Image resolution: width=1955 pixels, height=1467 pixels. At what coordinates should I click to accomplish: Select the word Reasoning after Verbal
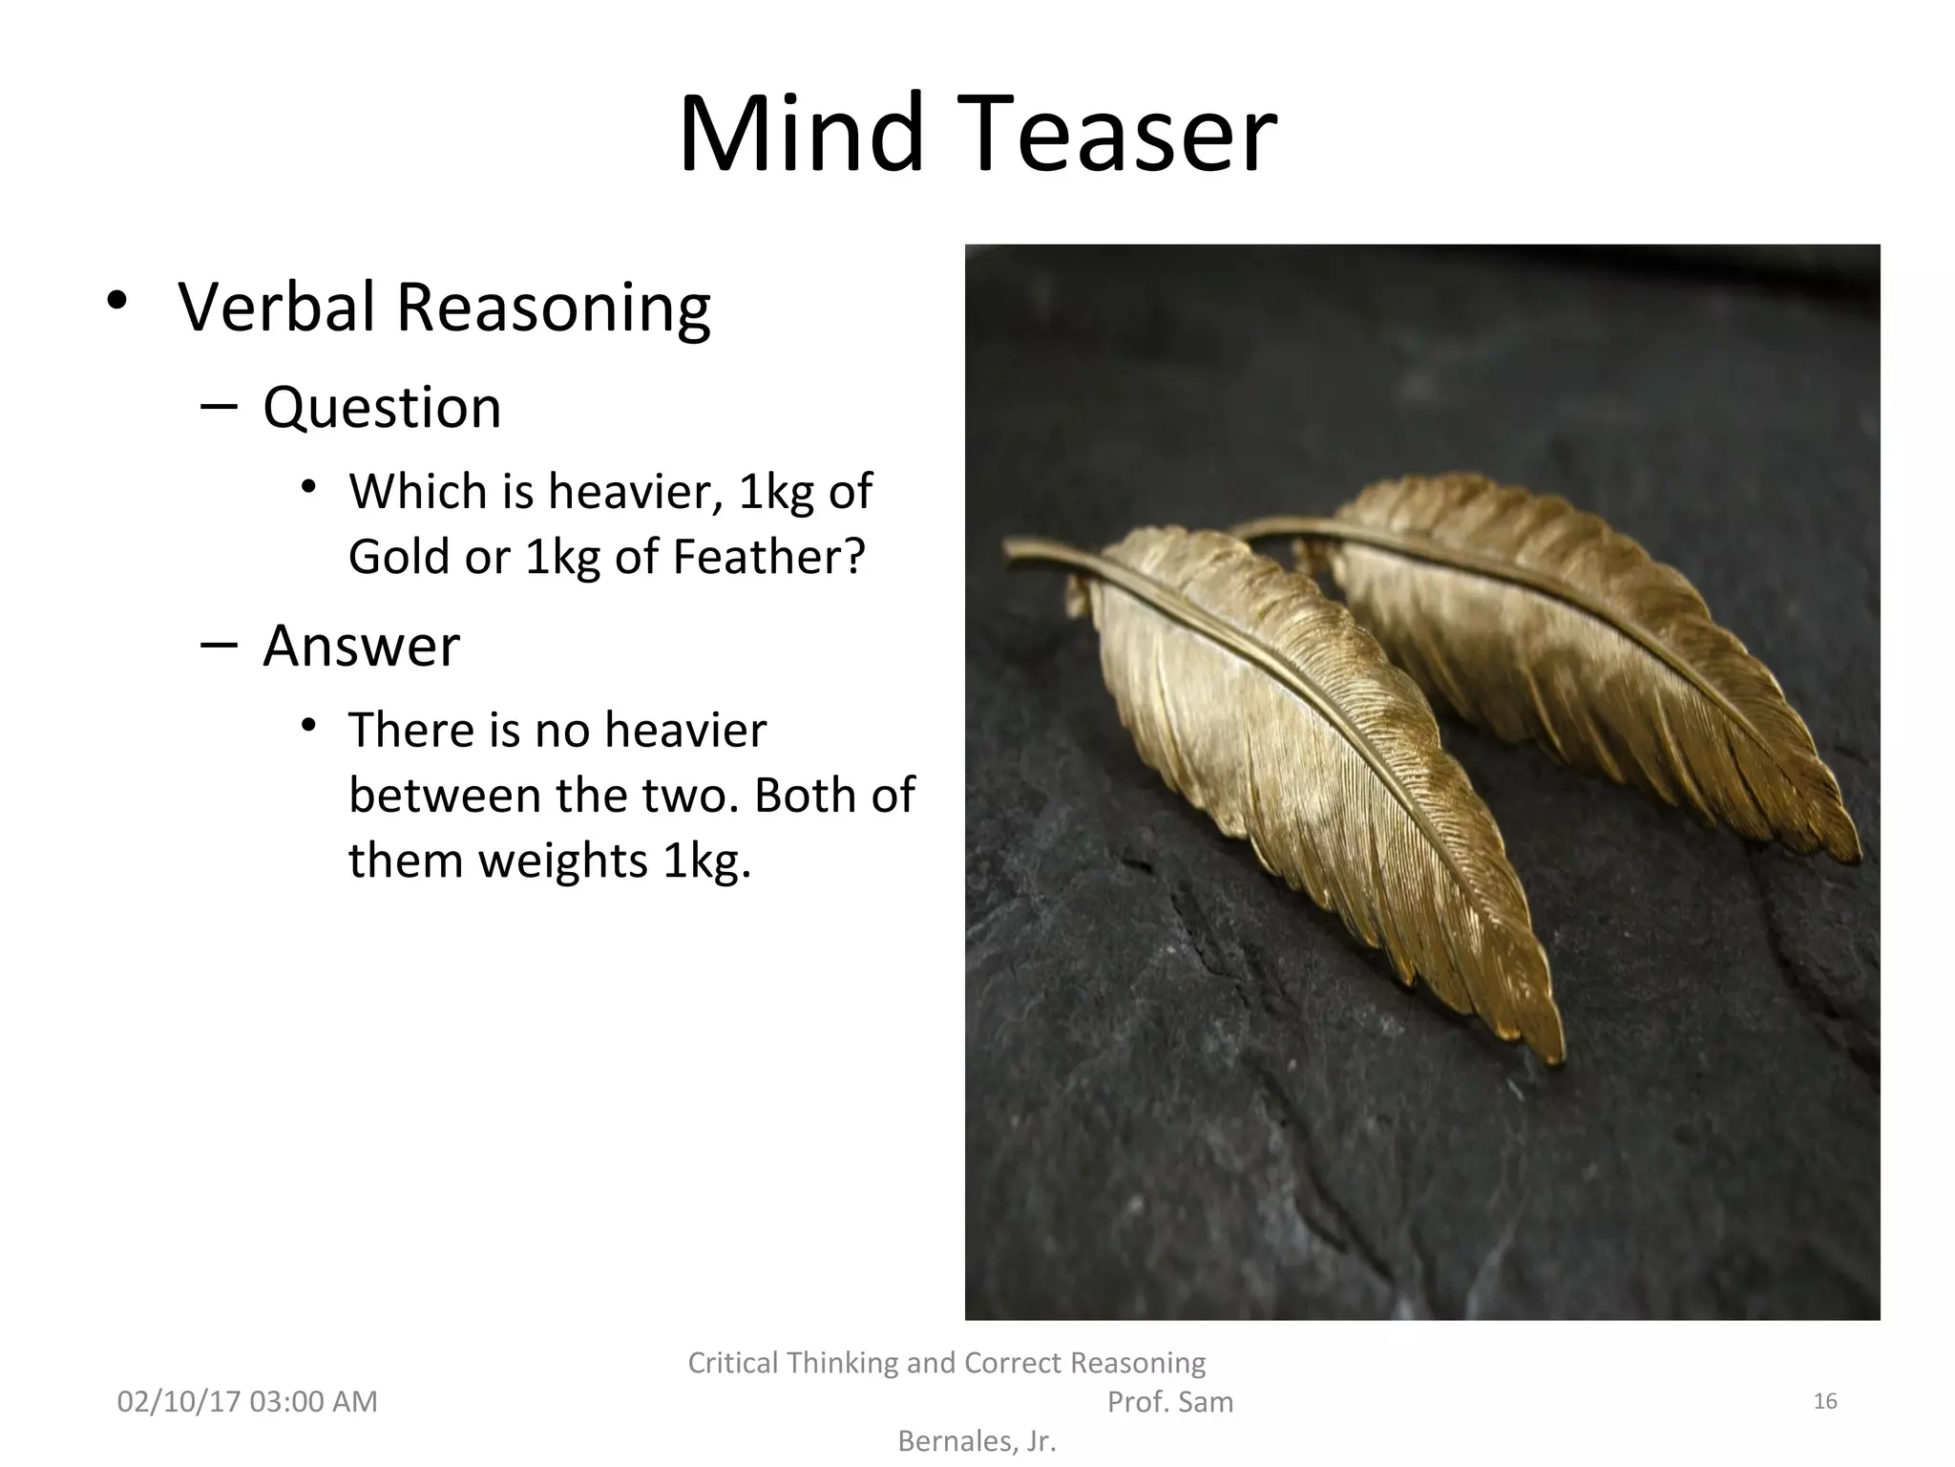pyautogui.click(x=553, y=309)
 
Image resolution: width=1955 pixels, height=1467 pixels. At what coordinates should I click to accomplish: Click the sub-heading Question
pyautogui.click(x=382, y=409)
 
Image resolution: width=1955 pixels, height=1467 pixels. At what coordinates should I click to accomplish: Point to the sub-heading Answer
pyautogui.click(x=361, y=646)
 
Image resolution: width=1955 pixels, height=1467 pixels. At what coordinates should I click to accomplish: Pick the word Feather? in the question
pyautogui.click(x=768, y=556)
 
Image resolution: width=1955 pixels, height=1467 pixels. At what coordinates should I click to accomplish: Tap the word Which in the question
pyautogui.click(x=418, y=492)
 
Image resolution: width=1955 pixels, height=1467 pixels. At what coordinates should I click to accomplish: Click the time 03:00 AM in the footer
pyautogui.click(x=313, y=1401)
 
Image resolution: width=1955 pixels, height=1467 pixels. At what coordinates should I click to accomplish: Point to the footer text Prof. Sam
pyautogui.click(x=1169, y=1401)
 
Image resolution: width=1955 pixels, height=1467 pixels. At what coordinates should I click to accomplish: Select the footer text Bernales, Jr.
pyautogui.click(x=977, y=1441)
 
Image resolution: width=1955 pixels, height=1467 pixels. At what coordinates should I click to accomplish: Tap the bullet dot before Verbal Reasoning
pyautogui.click(x=116, y=302)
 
